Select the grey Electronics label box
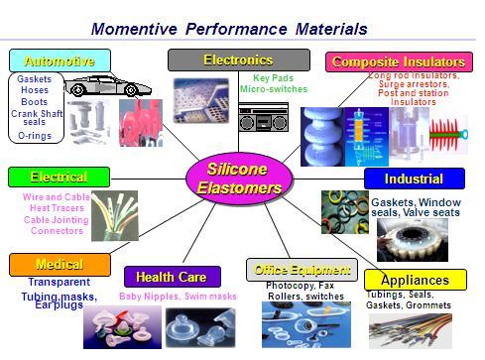225,60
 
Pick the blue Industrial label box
415,180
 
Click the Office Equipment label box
302,270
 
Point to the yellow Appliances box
415,280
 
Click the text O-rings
35,135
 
